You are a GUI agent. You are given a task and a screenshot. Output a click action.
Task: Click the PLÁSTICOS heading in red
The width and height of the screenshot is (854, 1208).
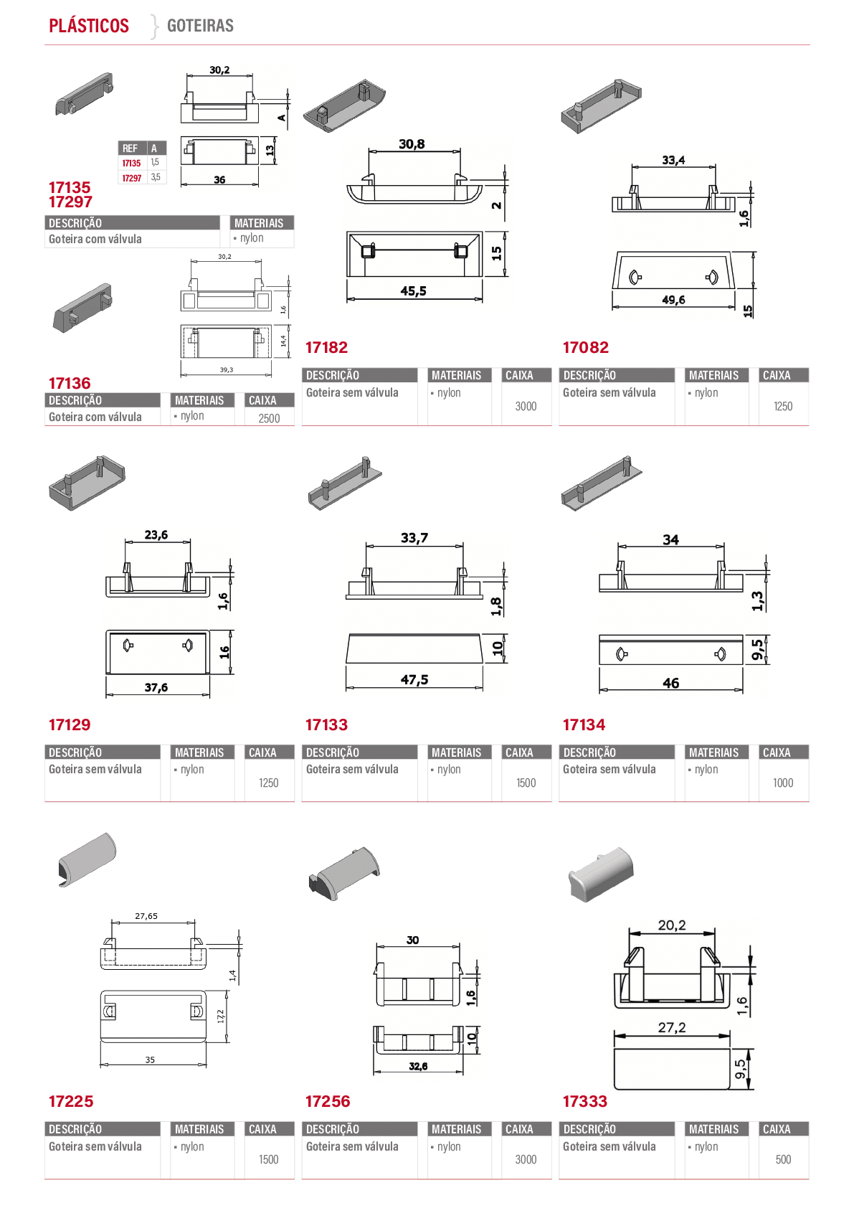tap(89, 26)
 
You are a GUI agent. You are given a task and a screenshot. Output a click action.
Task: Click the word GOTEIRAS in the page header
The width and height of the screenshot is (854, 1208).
tap(200, 26)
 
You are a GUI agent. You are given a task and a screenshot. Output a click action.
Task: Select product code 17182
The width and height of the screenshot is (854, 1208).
tap(326, 347)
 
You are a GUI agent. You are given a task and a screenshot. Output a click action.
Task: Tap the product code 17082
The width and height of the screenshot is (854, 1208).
tap(586, 347)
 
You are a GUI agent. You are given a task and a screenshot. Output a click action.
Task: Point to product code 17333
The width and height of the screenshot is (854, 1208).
tap(585, 1101)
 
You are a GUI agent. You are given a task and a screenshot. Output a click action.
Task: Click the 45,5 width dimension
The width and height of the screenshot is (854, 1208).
tap(414, 291)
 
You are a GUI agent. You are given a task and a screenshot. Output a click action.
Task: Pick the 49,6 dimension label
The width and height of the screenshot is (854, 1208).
tap(673, 300)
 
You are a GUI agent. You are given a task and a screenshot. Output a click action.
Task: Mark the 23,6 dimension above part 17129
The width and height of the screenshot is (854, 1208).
tap(156, 534)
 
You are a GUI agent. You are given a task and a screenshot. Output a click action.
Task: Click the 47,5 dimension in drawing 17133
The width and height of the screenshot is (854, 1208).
tap(414, 679)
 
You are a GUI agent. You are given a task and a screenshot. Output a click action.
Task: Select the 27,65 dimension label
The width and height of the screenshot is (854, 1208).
tap(146, 916)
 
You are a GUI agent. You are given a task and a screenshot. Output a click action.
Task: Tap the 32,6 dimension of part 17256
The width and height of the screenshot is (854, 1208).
tap(418, 1066)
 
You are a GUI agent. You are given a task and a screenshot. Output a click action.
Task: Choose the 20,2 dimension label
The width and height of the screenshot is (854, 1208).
tap(672, 925)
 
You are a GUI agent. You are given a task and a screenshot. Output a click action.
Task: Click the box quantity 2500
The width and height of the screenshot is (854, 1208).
tap(269, 418)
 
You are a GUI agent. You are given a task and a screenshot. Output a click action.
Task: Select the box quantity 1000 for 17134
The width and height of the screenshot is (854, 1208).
tap(783, 783)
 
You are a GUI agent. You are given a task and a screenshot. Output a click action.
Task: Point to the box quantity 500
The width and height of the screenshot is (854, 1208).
tap(783, 1159)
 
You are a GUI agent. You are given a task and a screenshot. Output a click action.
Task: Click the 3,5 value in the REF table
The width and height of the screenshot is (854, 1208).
tap(156, 177)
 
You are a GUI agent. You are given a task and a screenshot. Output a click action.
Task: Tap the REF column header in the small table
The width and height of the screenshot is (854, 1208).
tap(130, 148)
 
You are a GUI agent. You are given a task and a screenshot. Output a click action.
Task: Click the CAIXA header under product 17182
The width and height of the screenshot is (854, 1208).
tap(518, 375)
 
